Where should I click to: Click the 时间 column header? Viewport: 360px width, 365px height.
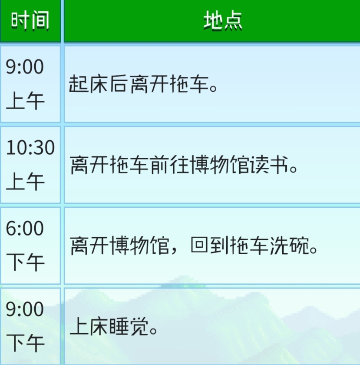[30, 21]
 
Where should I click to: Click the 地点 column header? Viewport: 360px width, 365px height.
[223, 21]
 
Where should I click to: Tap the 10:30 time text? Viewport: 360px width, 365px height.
[30, 148]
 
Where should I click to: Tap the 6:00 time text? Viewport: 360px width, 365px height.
[25, 229]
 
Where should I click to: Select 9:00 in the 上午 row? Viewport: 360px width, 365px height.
[25, 66]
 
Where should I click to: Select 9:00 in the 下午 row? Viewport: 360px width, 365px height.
[25, 309]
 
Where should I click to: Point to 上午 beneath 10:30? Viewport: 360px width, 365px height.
[25, 181]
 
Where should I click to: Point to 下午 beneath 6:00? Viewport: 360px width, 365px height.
[25, 262]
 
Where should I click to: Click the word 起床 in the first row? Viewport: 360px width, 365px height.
[89, 84]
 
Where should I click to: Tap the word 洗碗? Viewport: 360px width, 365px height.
[289, 246]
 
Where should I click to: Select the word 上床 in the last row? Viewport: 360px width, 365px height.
[89, 326]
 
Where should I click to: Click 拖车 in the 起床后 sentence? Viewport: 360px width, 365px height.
[189, 84]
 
